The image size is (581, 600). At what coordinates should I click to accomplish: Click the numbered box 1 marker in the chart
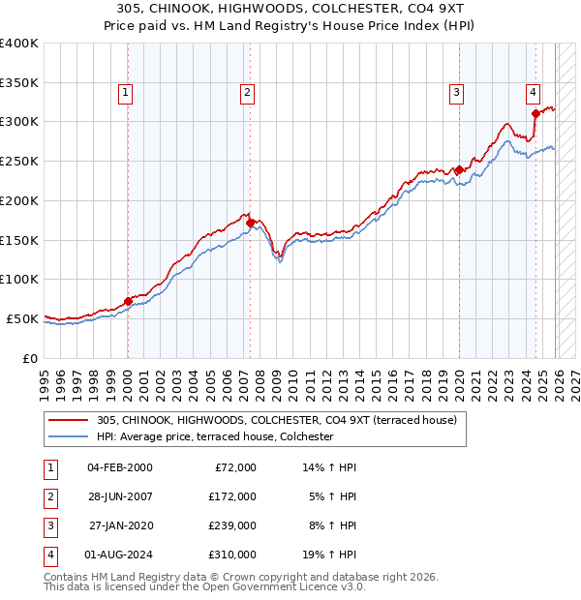click(127, 93)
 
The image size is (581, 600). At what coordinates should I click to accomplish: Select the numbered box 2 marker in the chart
click(248, 93)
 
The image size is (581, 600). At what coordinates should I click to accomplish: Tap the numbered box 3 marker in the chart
click(456, 93)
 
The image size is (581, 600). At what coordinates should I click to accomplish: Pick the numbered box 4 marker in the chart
click(534, 93)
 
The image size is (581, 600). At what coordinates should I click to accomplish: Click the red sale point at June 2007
click(250, 223)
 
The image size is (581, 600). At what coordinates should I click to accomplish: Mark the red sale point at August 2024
click(535, 113)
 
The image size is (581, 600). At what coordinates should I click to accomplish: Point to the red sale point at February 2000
click(128, 301)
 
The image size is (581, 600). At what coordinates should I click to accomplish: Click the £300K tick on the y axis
click(19, 122)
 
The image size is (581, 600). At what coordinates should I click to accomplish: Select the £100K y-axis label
click(19, 280)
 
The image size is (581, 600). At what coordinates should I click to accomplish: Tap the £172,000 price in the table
click(232, 496)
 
